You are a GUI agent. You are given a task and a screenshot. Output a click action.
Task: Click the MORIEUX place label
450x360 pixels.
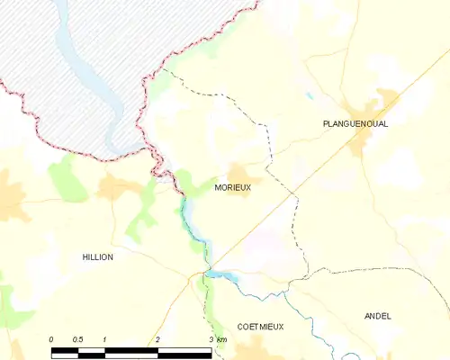(x=233, y=188)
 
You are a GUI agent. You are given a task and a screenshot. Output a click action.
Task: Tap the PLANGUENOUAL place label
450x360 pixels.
(x=355, y=123)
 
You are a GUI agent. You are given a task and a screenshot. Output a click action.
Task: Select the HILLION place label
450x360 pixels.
(x=98, y=256)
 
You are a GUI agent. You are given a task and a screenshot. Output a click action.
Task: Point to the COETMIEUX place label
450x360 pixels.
(x=260, y=327)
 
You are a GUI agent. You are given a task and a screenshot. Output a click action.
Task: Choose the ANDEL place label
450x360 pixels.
(x=378, y=316)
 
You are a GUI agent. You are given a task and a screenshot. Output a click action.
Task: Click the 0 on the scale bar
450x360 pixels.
(x=52, y=338)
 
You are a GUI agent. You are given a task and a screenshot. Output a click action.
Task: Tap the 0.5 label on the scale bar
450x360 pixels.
(x=78, y=338)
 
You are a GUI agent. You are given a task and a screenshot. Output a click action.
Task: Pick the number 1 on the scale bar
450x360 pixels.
(x=105, y=338)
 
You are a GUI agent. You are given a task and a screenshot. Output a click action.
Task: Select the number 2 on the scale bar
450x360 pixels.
(x=157, y=338)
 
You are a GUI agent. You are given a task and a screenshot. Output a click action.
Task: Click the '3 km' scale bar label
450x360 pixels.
(x=216, y=338)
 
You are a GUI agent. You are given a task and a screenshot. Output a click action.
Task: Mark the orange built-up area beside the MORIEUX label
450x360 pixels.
(x=239, y=173)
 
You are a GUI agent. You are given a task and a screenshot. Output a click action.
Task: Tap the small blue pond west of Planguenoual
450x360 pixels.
(x=310, y=94)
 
